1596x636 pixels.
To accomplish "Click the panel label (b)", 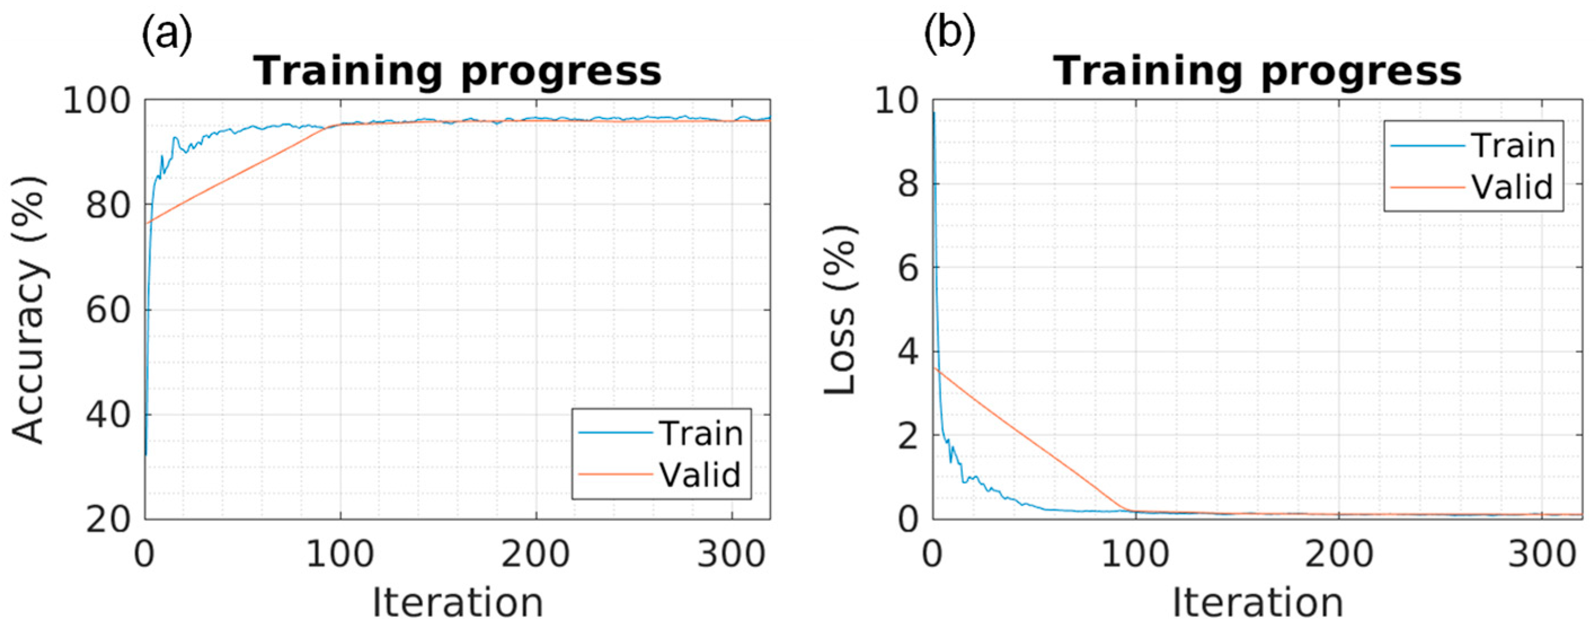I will pyautogui.click(x=949, y=36).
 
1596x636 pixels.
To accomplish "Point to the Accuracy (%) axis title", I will pyautogui.click(x=29, y=310).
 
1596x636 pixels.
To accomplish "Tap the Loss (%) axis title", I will pyautogui.click(x=840, y=310).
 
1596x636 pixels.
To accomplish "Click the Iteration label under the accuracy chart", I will pyautogui.click(x=457, y=603).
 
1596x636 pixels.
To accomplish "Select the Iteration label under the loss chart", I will pyautogui.click(x=1257, y=603).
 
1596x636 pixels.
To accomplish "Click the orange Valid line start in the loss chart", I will pyautogui.click(x=935, y=368).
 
